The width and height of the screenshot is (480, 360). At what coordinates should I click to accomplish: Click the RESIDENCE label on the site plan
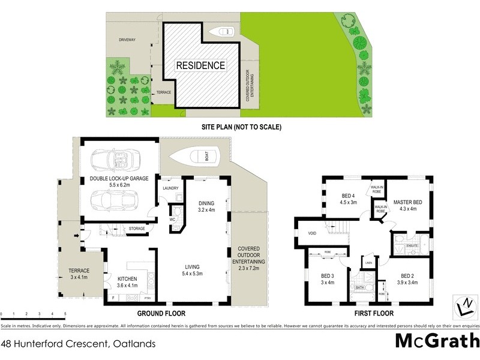(x=200, y=65)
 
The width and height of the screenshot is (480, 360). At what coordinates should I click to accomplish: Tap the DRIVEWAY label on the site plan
(x=127, y=40)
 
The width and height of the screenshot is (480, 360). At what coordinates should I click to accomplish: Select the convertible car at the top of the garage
(x=116, y=160)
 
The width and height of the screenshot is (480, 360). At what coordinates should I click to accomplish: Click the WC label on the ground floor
(x=172, y=220)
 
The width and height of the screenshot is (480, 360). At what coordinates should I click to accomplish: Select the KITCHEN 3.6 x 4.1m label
(x=127, y=282)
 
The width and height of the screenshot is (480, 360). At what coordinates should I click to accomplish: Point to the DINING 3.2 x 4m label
(x=206, y=206)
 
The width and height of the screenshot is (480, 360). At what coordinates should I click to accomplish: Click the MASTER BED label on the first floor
(x=408, y=205)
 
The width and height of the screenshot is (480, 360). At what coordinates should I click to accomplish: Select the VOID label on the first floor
(x=312, y=233)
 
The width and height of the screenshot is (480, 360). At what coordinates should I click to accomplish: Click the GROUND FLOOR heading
(x=161, y=313)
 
